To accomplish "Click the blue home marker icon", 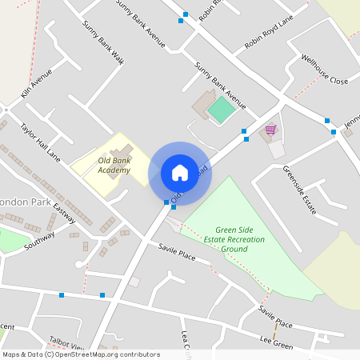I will click(179, 173).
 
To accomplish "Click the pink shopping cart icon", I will click(270, 130).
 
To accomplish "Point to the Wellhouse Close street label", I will click(324, 70).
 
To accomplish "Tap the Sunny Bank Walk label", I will click(103, 42).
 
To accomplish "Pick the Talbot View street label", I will click(66, 343).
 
